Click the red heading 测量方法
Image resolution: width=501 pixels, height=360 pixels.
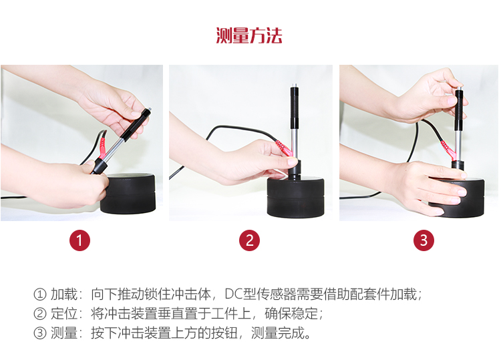[x=249, y=35]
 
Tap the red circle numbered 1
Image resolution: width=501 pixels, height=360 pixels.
[x=80, y=240]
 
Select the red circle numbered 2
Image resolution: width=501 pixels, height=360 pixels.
[x=249, y=240]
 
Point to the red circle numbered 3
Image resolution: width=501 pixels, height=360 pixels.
[x=424, y=240]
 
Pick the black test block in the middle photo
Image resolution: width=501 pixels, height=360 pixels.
[x=295, y=198]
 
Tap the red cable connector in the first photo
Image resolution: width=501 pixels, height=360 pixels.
[x=103, y=147]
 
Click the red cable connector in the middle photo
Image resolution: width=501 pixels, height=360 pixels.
[x=284, y=148]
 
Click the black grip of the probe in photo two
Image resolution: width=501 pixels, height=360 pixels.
[x=295, y=107]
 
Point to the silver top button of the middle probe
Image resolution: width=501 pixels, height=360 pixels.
[x=295, y=85]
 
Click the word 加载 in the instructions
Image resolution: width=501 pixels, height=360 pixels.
[x=64, y=294]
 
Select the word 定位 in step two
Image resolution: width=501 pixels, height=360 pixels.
[x=64, y=314]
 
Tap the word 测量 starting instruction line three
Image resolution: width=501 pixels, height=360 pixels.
[x=64, y=333]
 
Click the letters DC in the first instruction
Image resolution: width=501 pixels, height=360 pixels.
[x=234, y=294]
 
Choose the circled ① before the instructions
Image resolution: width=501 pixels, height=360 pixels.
[x=40, y=294]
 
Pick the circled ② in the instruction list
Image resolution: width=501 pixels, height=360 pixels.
[x=40, y=314]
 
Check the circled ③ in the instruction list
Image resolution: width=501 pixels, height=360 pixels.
[x=40, y=333]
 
